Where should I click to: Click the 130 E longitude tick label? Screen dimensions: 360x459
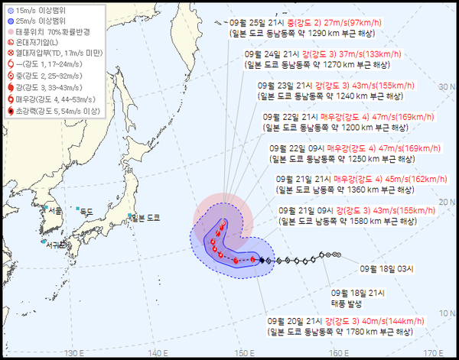point(74,352)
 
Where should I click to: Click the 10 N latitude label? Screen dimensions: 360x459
point(448,313)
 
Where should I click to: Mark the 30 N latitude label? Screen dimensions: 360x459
point(448,87)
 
